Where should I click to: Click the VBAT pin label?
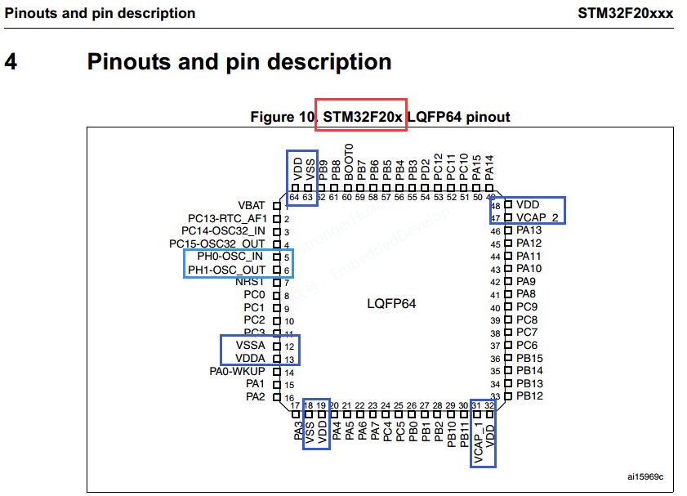[250, 205]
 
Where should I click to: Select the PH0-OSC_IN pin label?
[230, 257]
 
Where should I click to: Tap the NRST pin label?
[250, 282]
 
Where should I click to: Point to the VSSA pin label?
[251, 346]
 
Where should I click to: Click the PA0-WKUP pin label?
[238, 372]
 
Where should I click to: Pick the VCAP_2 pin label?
[538, 217]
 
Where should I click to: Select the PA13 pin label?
[529, 230]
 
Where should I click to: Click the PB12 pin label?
[529, 396]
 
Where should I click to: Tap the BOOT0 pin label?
[349, 162]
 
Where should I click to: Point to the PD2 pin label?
[426, 169]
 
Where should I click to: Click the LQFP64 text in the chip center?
[391, 303]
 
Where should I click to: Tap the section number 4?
[11, 61]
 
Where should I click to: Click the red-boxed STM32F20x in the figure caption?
[362, 117]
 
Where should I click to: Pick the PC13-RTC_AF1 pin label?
[227, 218]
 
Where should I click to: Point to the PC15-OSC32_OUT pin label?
[217, 244]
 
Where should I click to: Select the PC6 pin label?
[526, 346]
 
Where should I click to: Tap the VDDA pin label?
[251, 359]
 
